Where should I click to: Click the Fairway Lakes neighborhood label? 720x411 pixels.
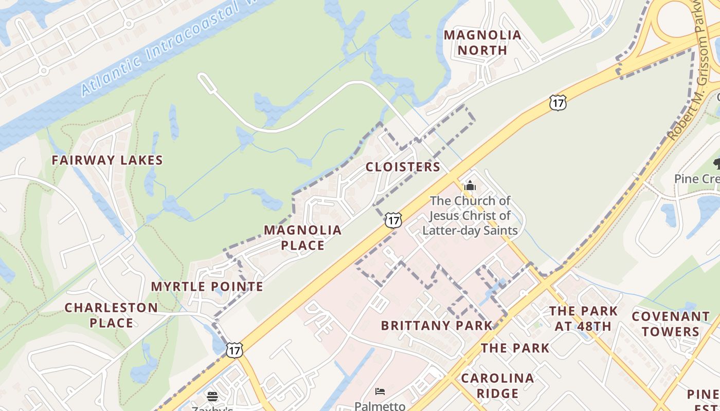point(107,160)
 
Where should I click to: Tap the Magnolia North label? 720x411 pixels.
point(482,43)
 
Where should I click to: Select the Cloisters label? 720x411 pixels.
point(403,167)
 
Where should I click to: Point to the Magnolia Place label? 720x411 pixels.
point(303,237)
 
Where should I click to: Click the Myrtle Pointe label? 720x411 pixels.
point(207,287)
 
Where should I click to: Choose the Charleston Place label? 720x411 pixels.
point(111,315)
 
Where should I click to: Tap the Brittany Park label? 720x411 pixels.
point(437,325)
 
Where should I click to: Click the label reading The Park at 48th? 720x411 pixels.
point(583,319)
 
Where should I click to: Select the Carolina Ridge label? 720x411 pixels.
point(497,386)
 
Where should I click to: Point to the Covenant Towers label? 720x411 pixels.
point(671,324)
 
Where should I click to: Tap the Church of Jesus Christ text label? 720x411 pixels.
point(470,215)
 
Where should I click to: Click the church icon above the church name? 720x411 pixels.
point(470,185)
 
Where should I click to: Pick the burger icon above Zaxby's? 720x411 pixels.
point(212,396)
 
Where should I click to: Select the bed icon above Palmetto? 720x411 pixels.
point(380,391)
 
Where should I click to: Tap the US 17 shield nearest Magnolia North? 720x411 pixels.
point(557,102)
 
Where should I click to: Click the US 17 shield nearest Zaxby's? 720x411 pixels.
point(235,350)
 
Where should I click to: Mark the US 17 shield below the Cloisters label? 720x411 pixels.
point(393,220)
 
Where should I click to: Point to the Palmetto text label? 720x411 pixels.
point(380,406)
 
